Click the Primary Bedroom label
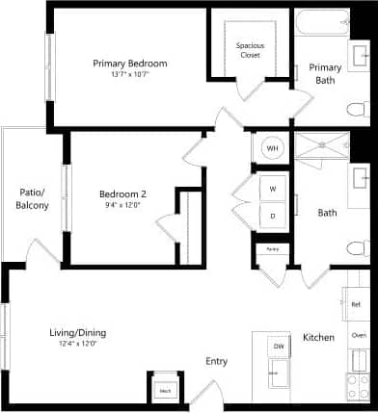click(130, 64)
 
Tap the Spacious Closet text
click(251, 49)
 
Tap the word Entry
click(216, 362)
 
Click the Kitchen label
click(318, 338)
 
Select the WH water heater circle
click(272, 148)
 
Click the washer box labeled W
click(273, 189)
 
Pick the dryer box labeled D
click(273, 216)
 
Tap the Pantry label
click(273, 249)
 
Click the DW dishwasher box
click(278, 346)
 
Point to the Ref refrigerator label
click(357, 304)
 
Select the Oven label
click(359, 335)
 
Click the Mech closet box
click(166, 390)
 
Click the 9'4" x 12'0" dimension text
click(122, 203)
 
